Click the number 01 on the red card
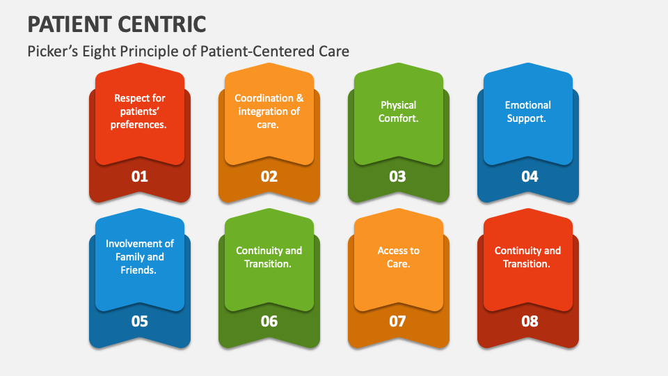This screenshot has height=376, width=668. click(x=140, y=176)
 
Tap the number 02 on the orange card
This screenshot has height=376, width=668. click(x=269, y=176)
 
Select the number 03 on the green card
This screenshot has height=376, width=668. click(x=397, y=176)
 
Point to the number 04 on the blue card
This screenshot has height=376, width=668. click(x=530, y=176)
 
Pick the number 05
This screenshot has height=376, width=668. click(x=140, y=321)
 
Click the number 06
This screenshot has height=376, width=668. click(x=269, y=321)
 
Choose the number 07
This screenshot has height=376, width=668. click(x=397, y=321)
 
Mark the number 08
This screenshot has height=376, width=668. click(x=530, y=321)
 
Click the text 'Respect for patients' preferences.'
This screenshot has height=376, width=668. click(x=140, y=111)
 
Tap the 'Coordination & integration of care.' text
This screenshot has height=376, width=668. click(x=269, y=111)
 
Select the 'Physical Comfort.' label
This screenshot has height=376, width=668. click(x=399, y=111)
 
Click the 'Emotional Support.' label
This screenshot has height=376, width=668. click(x=528, y=111)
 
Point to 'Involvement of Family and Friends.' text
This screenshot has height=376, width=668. click(x=140, y=257)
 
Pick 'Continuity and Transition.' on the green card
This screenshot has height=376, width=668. click(x=269, y=257)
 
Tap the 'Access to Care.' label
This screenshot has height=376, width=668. click(x=399, y=257)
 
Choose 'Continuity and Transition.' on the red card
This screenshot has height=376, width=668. click(x=528, y=257)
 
